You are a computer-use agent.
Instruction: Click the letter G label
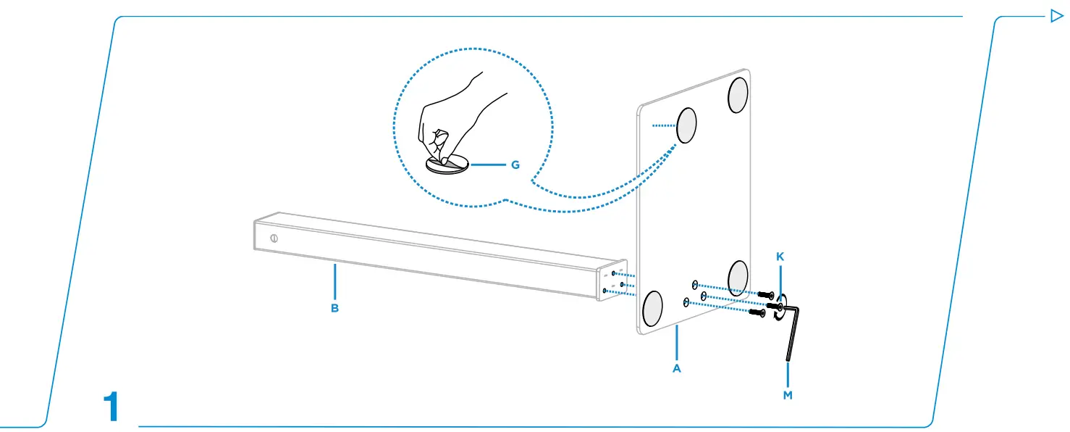click(515, 165)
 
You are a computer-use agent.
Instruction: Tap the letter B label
click(335, 308)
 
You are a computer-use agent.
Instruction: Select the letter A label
click(676, 368)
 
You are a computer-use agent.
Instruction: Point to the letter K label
click(780, 257)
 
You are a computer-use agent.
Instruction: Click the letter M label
click(788, 395)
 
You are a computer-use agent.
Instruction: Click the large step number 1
click(111, 407)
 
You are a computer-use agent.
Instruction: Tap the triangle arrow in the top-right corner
click(1056, 16)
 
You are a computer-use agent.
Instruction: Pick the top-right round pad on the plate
click(738, 95)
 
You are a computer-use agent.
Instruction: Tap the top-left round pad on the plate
click(686, 125)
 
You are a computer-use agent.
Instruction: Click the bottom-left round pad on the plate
click(652, 309)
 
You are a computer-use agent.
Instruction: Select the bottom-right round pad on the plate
click(738, 278)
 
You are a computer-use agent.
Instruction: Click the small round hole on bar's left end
click(274, 238)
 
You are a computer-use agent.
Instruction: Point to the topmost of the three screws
click(766, 295)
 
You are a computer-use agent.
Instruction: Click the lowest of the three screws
click(757, 313)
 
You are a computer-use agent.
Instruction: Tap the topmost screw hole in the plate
click(695, 285)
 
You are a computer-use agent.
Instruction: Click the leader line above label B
click(335, 282)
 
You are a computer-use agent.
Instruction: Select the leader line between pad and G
click(488, 165)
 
